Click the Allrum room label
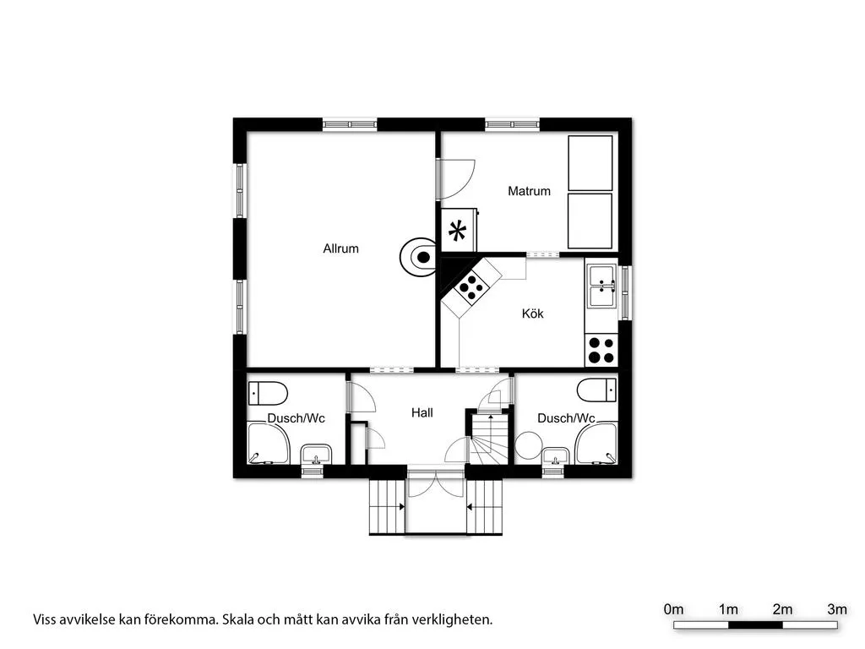(x=340, y=248)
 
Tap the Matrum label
(x=529, y=191)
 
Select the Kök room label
(x=532, y=314)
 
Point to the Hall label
(x=422, y=412)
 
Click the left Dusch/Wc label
(x=296, y=418)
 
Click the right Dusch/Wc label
(x=566, y=418)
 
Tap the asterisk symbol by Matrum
(x=457, y=231)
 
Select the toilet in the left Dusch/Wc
(x=267, y=393)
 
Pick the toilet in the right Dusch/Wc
(x=597, y=390)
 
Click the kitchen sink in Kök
(x=601, y=286)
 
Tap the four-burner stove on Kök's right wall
(x=601, y=351)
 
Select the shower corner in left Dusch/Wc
(x=268, y=443)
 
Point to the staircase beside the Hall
(x=489, y=439)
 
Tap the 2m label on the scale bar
(x=782, y=609)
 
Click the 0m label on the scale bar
(x=673, y=609)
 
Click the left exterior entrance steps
(x=388, y=507)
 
